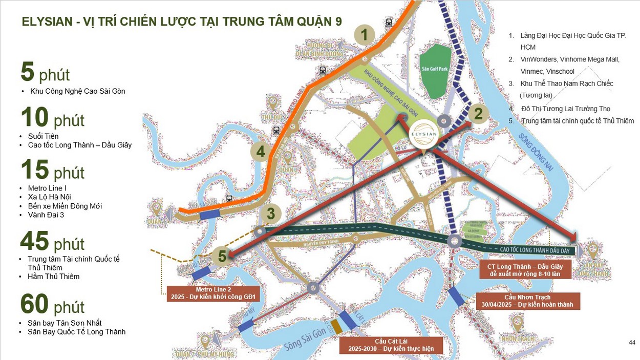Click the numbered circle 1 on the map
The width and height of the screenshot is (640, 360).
364,35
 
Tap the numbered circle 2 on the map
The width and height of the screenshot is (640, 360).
478,114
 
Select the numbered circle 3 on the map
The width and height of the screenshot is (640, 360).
271,213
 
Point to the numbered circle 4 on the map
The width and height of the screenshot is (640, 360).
261,152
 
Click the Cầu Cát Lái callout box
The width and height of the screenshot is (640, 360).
391,345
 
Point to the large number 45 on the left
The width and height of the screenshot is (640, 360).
34,241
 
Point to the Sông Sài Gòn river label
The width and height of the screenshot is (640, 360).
307,338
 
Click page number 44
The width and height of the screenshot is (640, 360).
632,342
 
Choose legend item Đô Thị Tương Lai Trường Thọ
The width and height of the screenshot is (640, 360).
565,109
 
